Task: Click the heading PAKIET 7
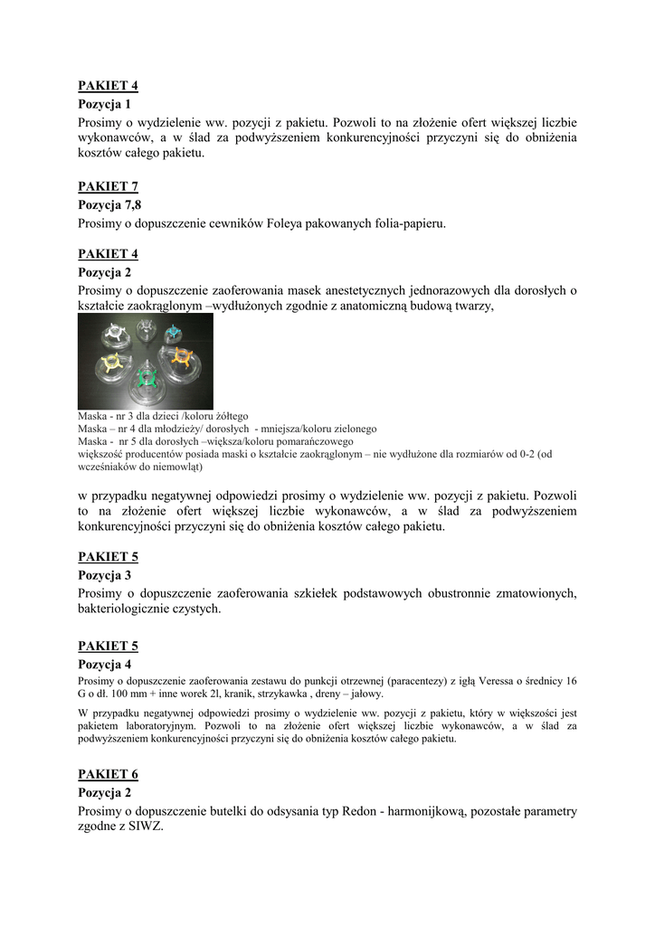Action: [108, 187]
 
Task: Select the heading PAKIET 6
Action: [108, 775]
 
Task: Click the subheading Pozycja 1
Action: [104, 105]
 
